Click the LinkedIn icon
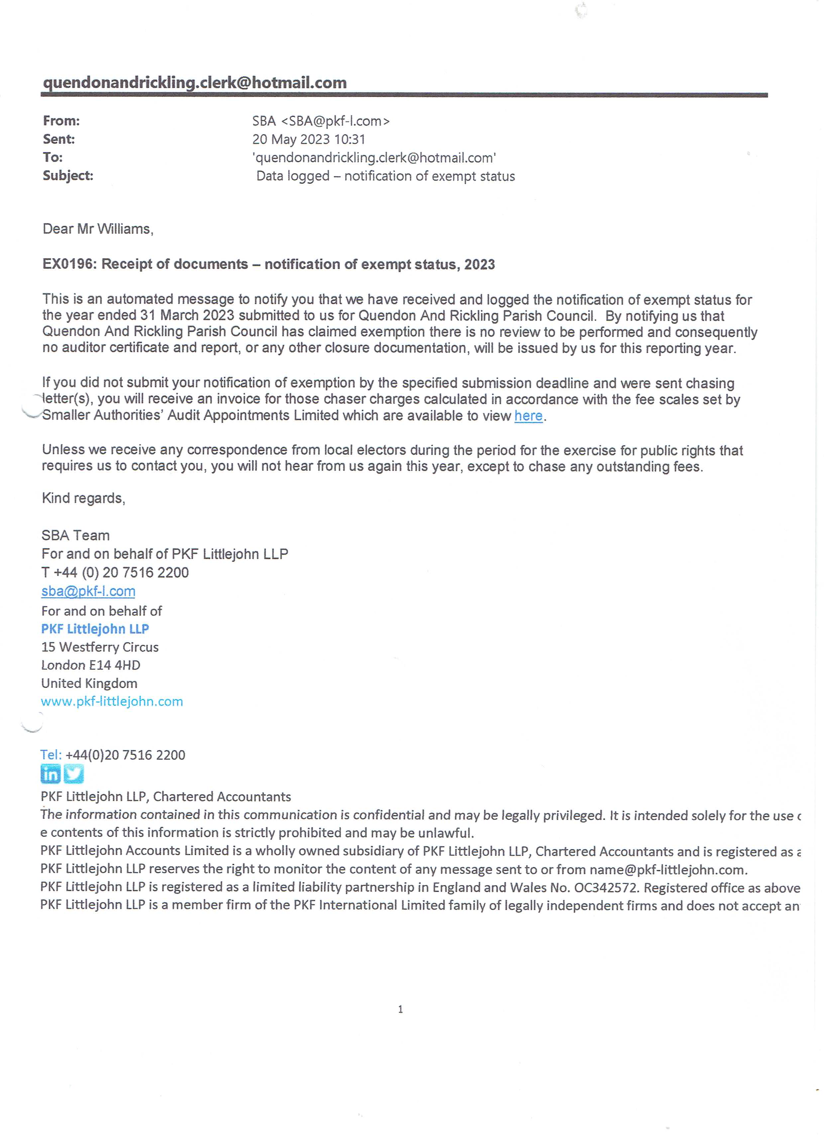50,774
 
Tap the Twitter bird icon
74,774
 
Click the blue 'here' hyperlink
528,416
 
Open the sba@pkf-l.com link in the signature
88,592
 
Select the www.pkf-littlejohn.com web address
112,702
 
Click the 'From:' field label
61,121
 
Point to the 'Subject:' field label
68,176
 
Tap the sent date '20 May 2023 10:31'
308,139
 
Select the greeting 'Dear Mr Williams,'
98,229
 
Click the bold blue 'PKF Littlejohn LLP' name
95,629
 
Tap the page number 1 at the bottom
400,1009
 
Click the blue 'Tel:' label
51,755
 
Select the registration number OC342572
606,888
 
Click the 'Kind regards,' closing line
83,499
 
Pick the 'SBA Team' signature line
75,536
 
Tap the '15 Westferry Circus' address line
100,648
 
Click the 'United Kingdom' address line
89,684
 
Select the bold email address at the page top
195,83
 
